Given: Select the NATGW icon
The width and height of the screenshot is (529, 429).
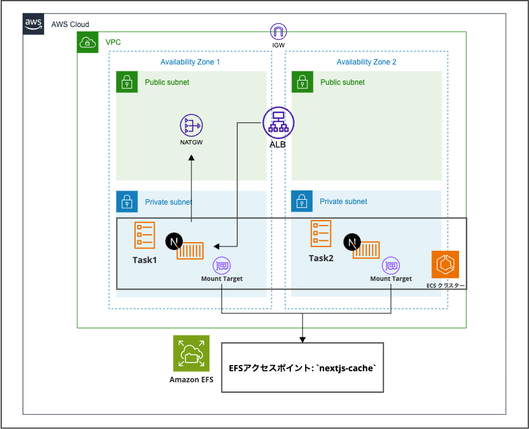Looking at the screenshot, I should pos(191,127).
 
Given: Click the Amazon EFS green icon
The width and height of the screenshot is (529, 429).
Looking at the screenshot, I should pos(191,353).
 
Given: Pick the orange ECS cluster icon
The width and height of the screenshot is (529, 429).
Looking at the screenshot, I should pos(445,265).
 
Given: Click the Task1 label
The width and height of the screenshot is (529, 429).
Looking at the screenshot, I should pos(145,260).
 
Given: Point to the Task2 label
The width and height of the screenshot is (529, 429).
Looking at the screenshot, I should pos(321,258).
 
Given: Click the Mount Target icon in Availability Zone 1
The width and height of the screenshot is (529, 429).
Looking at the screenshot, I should pos(222,266).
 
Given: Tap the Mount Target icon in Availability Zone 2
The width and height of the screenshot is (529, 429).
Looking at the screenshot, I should pos(391,266).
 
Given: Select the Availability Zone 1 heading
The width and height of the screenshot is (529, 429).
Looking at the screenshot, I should pos(190,62).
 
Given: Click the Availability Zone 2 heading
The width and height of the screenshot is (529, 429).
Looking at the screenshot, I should pos(366,62).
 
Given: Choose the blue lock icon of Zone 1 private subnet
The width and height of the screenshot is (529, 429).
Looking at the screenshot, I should pos(126,202).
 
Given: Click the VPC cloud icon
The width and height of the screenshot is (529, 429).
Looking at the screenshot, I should pos(87,42).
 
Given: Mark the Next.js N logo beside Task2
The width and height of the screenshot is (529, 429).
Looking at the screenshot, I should pos(352,243).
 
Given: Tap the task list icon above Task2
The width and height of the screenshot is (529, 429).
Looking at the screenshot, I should pos(321,234).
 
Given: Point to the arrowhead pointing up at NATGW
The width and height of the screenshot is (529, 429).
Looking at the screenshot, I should pos(191,157).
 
